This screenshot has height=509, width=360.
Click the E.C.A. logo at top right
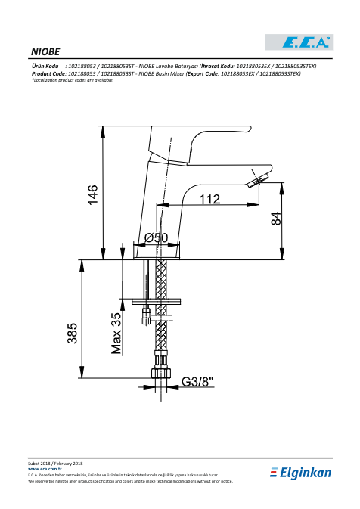(299, 42)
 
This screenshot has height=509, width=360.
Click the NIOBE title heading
(45, 52)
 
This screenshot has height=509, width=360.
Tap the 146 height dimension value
(93, 194)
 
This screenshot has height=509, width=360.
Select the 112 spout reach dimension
(209, 199)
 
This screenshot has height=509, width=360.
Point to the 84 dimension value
(276, 219)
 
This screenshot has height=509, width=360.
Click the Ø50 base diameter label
(157, 237)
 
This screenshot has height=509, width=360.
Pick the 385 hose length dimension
(73, 333)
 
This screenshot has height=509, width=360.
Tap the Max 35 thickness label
(116, 333)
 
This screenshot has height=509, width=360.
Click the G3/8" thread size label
(197, 381)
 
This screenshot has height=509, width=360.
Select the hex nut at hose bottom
(161, 374)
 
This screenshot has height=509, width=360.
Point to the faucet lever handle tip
(249, 129)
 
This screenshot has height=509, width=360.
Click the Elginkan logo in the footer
(300, 473)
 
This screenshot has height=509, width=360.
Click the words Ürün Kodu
(45, 67)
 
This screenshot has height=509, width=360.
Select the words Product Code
(49, 73)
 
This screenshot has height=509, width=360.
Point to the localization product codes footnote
(73, 80)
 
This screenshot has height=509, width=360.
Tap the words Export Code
(203, 73)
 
